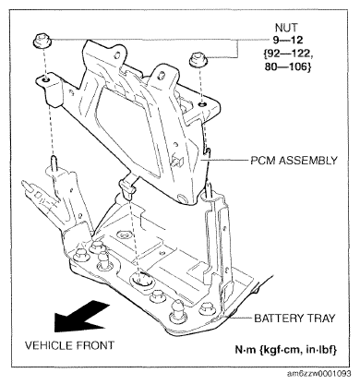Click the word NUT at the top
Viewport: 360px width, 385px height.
click(x=286, y=28)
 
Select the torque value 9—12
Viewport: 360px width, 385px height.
click(x=288, y=40)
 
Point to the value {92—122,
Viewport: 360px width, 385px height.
click(x=287, y=54)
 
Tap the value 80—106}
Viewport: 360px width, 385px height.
click(x=288, y=66)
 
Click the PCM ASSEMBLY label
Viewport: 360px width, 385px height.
click(x=294, y=161)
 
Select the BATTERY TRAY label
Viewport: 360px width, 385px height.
click(x=294, y=318)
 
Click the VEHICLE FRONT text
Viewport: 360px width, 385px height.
click(x=69, y=345)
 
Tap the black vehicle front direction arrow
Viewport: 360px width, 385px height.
click(x=80, y=317)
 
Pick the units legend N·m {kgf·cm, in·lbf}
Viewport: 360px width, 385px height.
click(x=286, y=350)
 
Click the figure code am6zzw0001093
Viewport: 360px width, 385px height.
click(x=318, y=374)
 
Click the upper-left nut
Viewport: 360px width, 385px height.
click(x=42, y=42)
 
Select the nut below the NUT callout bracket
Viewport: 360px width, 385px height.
click(x=198, y=59)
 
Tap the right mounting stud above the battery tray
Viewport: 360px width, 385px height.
click(x=210, y=189)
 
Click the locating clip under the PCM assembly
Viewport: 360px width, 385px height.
click(x=126, y=186)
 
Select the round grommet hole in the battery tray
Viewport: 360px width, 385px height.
click(x=143, y=280)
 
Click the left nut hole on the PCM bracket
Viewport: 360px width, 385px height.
click(x=45, y=79)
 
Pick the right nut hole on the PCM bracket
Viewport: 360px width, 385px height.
click(x=202, y=105)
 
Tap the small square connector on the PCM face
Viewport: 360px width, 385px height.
click(x=177, y=161)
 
